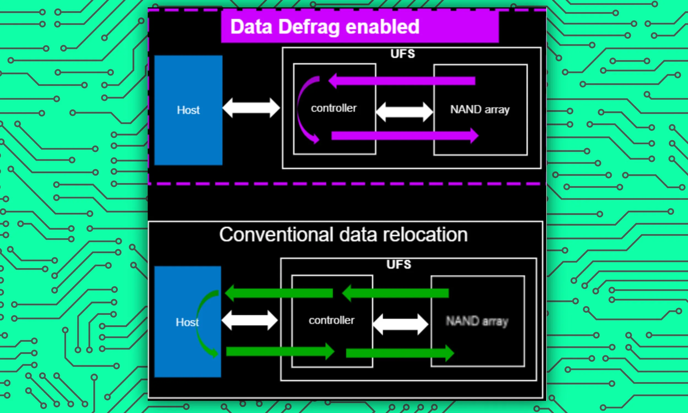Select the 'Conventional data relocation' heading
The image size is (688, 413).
[343, 234]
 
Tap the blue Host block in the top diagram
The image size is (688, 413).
[188, 110]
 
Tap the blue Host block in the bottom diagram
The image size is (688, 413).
[187, 322]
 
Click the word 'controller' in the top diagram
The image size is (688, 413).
[334, 108]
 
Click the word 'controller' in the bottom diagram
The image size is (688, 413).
[332, 320]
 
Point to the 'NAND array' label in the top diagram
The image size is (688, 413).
[480, 109]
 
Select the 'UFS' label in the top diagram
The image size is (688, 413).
[402, 54]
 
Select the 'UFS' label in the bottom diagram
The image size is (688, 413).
[398, 264]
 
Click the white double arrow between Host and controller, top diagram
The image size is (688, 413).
[251, 108]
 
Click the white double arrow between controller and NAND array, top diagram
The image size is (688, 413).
[404, 112]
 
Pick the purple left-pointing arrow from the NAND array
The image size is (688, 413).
[402, 81]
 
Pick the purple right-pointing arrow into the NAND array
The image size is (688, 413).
[405, 136]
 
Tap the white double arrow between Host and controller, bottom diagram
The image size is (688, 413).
[249, 320]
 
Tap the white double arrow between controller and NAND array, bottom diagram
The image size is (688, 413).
[400, 324]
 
